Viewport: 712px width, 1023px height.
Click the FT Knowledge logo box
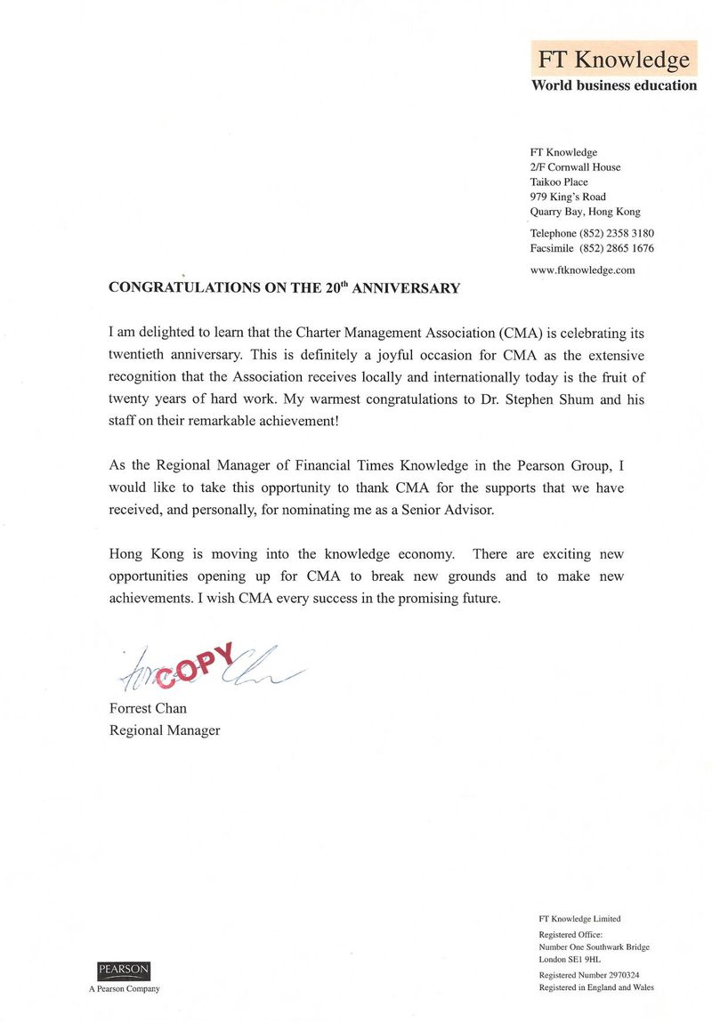613,60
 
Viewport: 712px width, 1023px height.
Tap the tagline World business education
613,85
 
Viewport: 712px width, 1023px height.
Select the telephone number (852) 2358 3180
617,233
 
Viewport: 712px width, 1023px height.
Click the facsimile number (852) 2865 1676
617,248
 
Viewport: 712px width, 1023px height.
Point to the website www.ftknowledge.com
582,270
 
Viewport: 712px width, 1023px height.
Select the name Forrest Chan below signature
148,709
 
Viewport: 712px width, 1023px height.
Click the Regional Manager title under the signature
164,730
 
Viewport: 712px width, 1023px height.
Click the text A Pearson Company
124,989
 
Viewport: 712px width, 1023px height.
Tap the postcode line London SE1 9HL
570,960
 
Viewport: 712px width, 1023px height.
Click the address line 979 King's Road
568,197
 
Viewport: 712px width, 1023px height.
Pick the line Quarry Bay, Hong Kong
585,212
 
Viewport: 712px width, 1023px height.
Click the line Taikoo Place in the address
558,181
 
